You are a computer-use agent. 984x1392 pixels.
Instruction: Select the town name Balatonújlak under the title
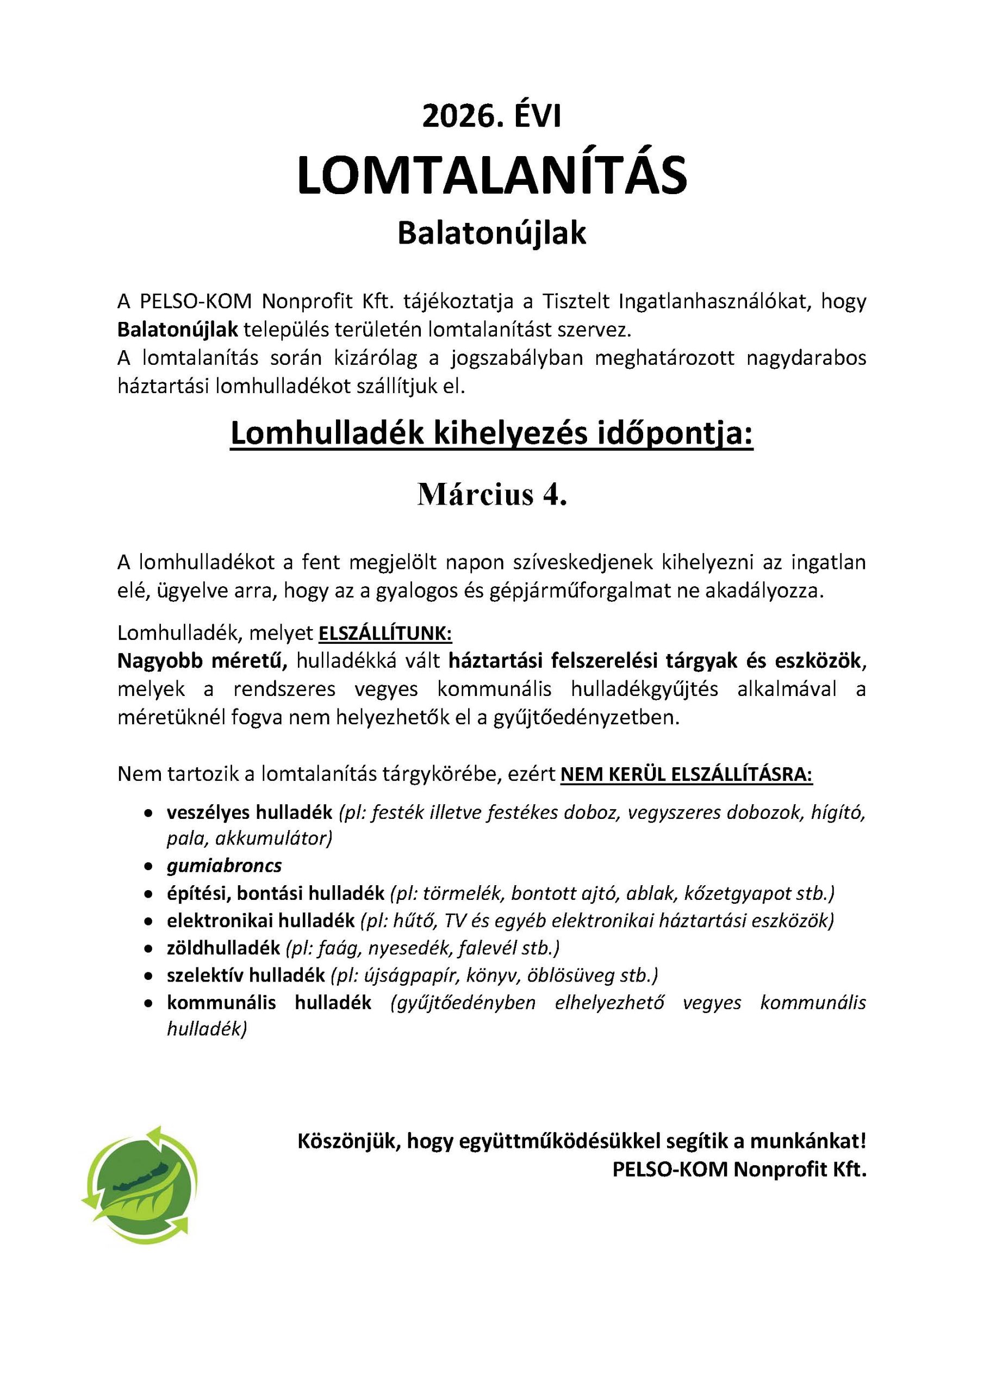(491, 233)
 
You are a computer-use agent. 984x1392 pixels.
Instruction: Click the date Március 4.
(491, 495)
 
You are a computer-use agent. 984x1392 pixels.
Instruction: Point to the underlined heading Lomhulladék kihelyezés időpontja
(491, 434)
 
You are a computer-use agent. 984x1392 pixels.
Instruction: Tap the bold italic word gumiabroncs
(225, 865)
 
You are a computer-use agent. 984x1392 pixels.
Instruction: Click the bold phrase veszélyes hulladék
(249, 812)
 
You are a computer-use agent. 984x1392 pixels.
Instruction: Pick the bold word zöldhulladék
(223, 947)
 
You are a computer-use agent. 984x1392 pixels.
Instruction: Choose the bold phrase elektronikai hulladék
(261, 921)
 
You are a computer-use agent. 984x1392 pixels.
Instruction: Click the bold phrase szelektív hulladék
(246, 975)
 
